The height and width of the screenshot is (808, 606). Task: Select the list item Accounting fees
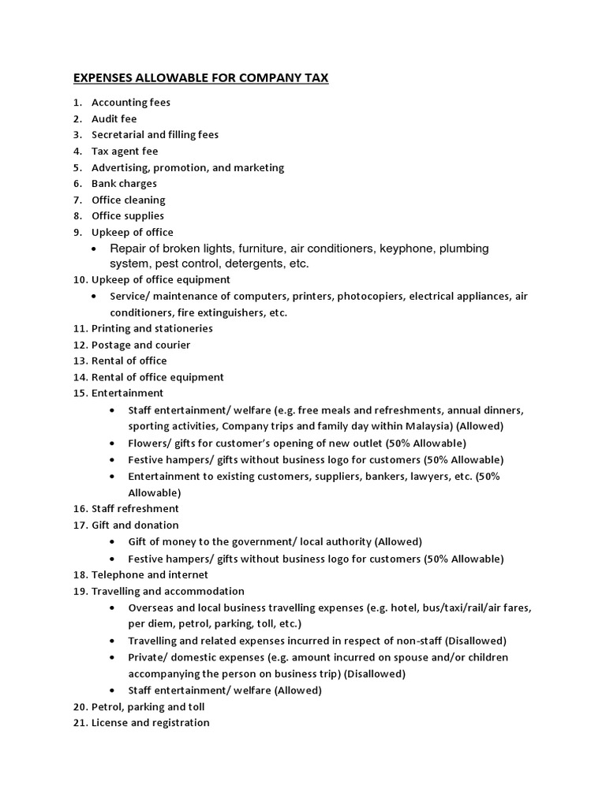[x=131, y=103]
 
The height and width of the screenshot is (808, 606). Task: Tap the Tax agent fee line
[x=125, y=151]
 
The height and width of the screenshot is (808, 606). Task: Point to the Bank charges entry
[x=124, y=183]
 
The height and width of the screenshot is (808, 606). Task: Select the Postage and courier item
[x=140, y=345]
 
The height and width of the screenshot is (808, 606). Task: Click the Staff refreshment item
[x=135, y=508]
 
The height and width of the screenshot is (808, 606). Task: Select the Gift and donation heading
[x=135, y=525]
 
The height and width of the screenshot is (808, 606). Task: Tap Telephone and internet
[x=150, y=575]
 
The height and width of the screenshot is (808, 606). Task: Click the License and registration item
[x=151, y=723]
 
